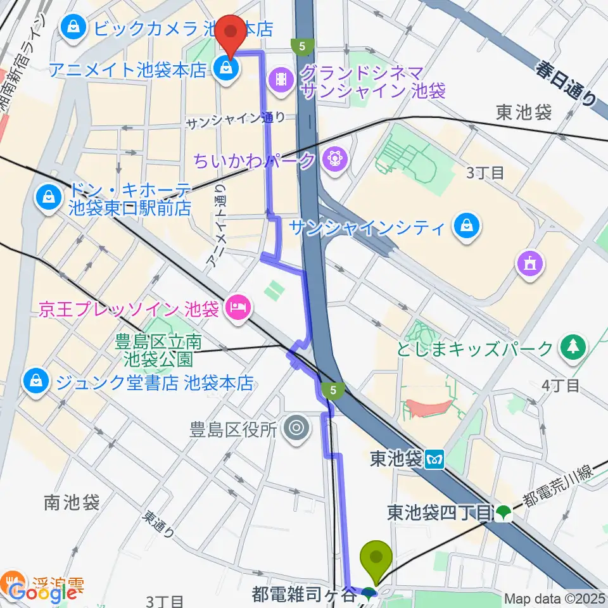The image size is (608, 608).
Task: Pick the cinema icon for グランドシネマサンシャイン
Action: (279, 79)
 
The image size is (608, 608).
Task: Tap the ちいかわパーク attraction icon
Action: (332, 160)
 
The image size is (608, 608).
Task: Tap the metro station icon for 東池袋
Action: (435, 459)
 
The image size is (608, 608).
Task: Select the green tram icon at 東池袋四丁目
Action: (503, 512)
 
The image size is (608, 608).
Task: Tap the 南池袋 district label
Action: (72, 503)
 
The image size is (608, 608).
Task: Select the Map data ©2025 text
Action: (555, 598)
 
